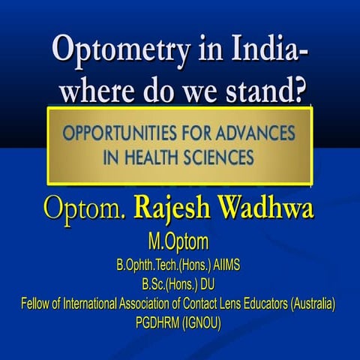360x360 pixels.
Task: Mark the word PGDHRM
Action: [x=157, y=323]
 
